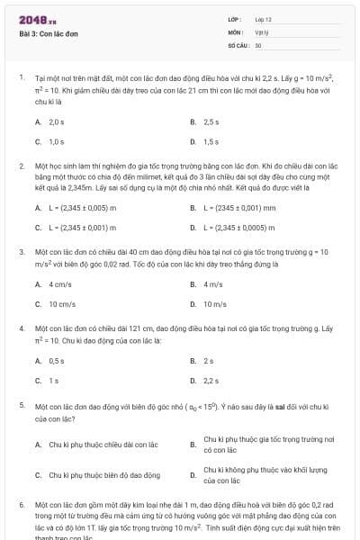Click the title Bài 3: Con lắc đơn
pos(47,32)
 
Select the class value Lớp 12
pos(262,19)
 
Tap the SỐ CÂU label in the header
pos(237,44)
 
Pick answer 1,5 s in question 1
pos(211,141)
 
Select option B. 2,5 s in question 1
pos(211,121)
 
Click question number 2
pos(22,166)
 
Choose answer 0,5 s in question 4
pos(56,360)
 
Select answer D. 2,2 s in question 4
pos(209,380)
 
